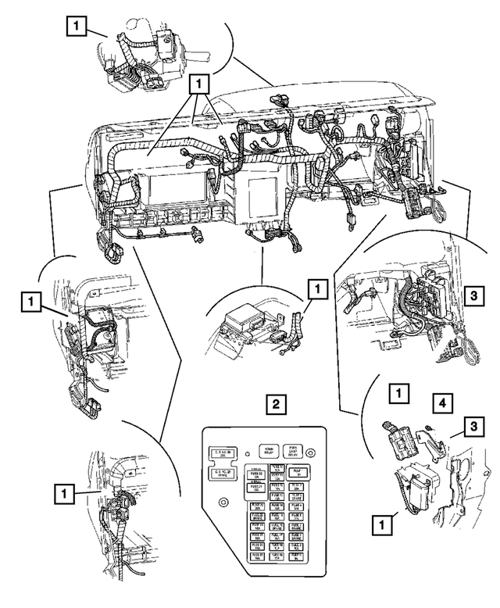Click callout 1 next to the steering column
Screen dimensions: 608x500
coord(76,27)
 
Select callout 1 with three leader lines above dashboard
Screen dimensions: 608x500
coord(199,81)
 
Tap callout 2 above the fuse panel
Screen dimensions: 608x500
coord(272,405)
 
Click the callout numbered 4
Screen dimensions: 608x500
coord(442,405)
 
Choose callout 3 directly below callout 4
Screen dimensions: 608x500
coord(472,426)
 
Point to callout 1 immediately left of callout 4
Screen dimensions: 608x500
coord(399,393)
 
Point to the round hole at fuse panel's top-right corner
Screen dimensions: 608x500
coord(312,452)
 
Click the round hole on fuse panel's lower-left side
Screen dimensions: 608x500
coord(224,501)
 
